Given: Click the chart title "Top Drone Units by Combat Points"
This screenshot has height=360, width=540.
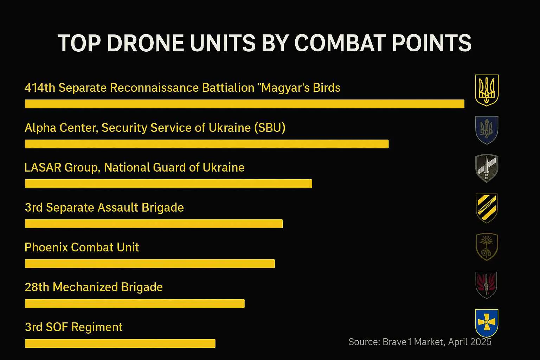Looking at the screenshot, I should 264,44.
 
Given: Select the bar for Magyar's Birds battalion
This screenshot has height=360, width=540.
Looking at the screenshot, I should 244,104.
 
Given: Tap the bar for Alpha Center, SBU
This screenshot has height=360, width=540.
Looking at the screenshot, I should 207,144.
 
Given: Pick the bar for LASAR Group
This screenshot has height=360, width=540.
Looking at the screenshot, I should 168,184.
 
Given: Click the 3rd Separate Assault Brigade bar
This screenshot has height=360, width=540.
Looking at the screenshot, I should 154,224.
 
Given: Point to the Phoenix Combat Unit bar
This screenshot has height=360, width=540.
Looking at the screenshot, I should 150,264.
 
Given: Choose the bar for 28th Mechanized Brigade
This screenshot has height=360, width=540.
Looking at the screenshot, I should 135,303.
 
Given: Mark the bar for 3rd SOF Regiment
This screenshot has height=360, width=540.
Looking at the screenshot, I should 120,343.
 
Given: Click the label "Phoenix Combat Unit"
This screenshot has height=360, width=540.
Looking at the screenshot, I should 82,247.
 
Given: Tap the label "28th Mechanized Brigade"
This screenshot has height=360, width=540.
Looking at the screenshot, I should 94,287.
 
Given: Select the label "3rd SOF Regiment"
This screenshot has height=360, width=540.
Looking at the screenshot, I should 74,327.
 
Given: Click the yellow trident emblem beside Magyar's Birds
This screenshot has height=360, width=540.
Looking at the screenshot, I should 487,90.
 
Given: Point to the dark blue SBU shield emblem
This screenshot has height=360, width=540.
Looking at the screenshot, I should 487,130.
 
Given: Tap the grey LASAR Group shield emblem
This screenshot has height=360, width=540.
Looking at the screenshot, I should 487,168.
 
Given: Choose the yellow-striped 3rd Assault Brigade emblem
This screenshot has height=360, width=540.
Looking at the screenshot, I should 487,208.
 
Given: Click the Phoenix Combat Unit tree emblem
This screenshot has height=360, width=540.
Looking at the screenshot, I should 487,246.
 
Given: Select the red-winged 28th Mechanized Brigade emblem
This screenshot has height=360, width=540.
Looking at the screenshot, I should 486,285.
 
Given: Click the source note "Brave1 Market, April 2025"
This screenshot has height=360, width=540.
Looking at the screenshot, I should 420,342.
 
